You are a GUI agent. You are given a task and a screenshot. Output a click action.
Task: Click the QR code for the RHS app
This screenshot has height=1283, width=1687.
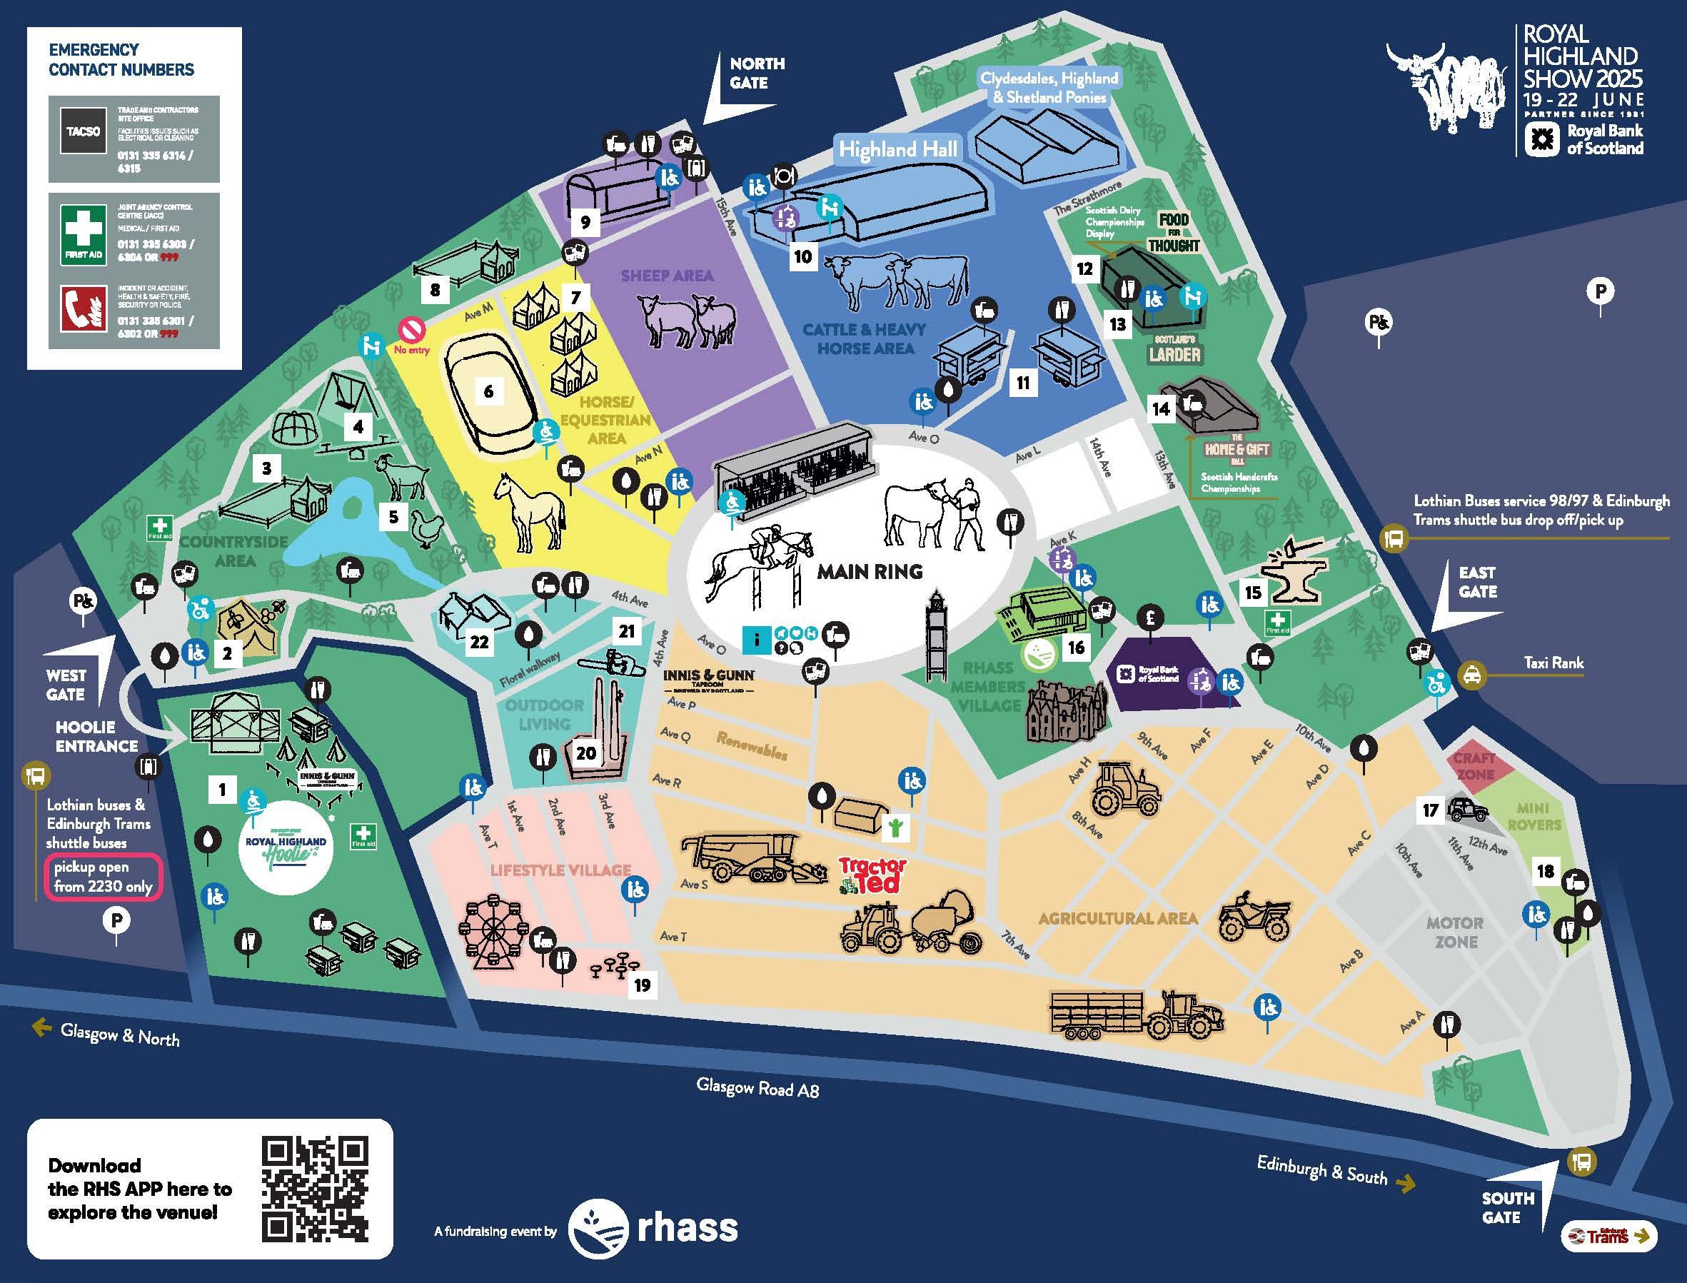(x=315, y=1189)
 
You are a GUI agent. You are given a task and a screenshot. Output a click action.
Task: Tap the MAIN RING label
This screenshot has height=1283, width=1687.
(x=869, y=571)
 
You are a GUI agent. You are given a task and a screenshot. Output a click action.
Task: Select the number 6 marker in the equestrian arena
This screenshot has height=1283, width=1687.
(x=489, y=392)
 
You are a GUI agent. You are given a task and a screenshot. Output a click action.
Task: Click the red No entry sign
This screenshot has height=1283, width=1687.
(x=411, y=331)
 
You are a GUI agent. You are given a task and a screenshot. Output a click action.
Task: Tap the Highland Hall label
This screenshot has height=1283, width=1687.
(x=897, y=149)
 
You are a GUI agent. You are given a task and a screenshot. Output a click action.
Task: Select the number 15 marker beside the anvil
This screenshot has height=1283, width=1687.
(x=1252, y=592)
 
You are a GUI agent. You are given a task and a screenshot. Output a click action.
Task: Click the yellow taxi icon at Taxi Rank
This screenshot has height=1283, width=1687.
(x=1471, y=675)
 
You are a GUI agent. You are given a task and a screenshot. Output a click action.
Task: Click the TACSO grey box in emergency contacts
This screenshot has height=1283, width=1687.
(x=83, y=131)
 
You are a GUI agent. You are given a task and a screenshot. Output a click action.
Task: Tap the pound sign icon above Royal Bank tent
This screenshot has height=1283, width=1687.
(x=1150, y=617)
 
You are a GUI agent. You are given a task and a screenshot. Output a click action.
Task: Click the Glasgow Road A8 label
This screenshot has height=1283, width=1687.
(x=757, y=1088)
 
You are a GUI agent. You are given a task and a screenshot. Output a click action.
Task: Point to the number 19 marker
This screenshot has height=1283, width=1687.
(x=643, y=985)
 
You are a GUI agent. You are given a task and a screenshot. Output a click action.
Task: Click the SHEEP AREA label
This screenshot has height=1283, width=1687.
(x=667, y=276)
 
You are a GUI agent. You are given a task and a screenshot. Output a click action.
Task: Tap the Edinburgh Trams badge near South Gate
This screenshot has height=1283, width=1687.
(x=1608, y=1235)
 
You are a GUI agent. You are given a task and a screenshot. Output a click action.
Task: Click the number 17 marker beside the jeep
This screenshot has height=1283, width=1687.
(x=1431, y=810)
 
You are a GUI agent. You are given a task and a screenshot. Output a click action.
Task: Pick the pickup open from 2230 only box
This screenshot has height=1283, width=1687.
(x=103, y=877)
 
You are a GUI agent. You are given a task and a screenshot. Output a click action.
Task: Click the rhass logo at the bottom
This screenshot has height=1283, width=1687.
(x=654, y=1228)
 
